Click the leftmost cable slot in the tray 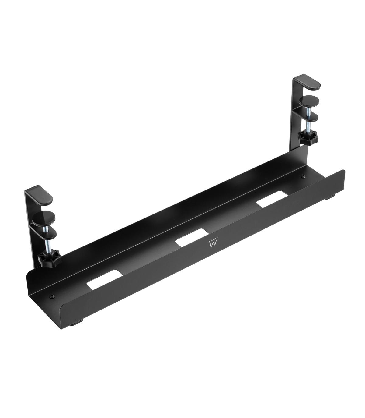tap(105, 278)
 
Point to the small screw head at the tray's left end tap(51, 296)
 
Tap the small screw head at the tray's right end tap(303, 176)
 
